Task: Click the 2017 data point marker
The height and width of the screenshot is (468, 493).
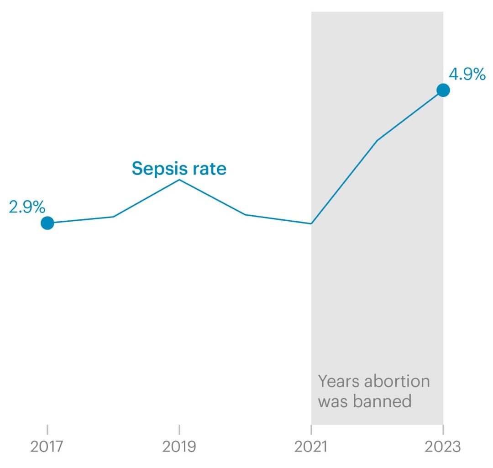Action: (47, 223)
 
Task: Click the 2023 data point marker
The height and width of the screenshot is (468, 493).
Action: (443, 90)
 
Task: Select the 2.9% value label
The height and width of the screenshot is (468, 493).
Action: (27, 207)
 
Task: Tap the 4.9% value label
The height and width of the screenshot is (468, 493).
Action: (467, 74)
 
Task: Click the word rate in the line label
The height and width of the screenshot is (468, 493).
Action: (209, 169)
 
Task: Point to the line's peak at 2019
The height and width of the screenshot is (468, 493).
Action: (179, 180)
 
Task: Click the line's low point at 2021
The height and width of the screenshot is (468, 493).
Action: (311, 223)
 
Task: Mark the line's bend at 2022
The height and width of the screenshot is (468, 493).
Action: (377, 140)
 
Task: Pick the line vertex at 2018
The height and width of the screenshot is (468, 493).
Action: (113, 217)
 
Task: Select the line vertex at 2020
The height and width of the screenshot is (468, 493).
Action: (246, 214)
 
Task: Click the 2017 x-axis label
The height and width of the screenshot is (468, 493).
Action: (47, 447)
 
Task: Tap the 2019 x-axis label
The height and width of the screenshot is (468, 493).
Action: (179, 447)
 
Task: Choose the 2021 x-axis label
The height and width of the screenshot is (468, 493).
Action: (311, 447)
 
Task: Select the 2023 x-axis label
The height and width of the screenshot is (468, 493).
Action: (443, 447)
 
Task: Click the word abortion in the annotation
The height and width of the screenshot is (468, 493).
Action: (399, 381)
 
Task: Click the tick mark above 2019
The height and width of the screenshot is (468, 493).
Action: (179, 430)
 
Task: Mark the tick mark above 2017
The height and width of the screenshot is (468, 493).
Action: (47, 430)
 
